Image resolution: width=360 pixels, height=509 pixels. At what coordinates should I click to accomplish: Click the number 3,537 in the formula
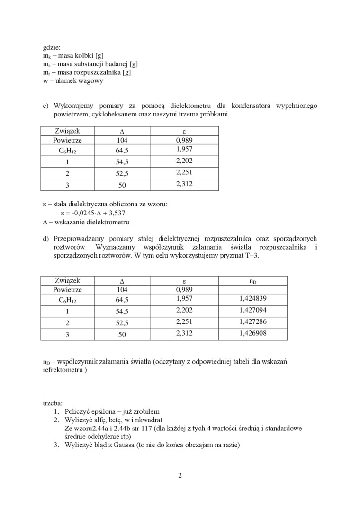point(116,213)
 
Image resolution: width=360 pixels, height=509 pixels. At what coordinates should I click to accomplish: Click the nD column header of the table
point(252,281)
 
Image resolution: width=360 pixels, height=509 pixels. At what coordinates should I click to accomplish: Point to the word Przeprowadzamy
point(80,239)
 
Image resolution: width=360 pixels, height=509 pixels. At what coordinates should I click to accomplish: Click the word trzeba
point(52,403)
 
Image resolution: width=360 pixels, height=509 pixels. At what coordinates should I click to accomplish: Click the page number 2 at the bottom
point(180,476)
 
